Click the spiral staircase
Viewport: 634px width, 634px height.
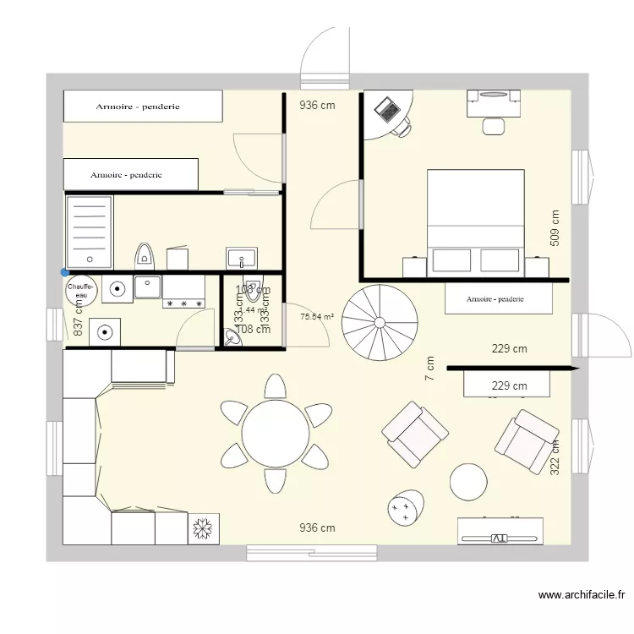[x=380, y=321]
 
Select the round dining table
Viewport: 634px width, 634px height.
[x=275, y=433]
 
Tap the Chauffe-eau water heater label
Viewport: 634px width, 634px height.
[x=80, y=290]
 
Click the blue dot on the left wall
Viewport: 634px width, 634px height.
[x=65, y=272]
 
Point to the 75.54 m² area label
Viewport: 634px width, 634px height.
[x=317, y=318]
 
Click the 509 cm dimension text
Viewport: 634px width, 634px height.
[x=555, y=227]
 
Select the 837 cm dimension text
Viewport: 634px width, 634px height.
[x=78, y=316]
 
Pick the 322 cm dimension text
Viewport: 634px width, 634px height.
[x=555, y=457]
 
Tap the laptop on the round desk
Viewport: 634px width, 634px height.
[x=388, y=109]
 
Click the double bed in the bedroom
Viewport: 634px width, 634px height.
[x=475, y=221]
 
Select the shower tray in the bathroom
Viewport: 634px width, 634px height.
[x=89, y=231]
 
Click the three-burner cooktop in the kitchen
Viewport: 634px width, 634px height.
[x=183, y=302]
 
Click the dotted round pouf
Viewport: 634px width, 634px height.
[x=405, y=508]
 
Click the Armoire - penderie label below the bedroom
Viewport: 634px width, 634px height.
[x=495, y=299]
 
